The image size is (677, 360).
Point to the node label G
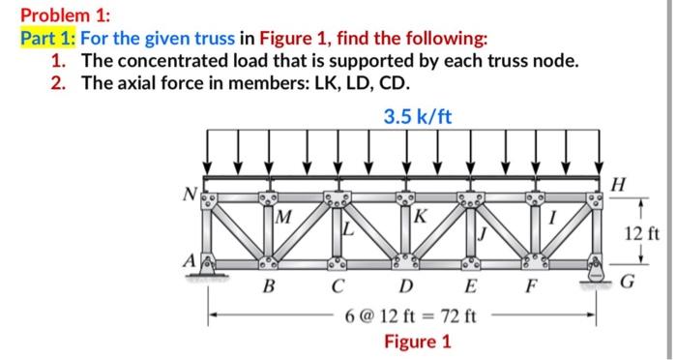[628, 282]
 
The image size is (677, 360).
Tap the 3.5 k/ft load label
[418, 118]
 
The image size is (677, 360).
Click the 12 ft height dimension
[641, 232]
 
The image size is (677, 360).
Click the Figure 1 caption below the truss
[418, 342]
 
